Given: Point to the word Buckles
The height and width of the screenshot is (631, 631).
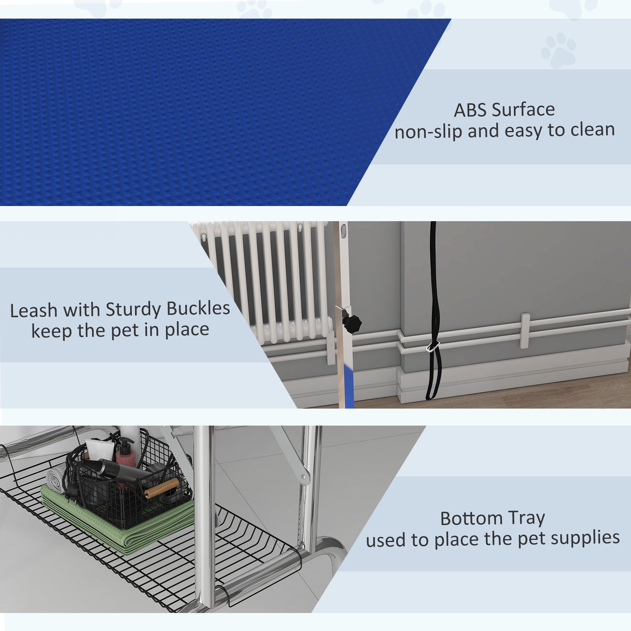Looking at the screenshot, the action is (198, 308).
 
